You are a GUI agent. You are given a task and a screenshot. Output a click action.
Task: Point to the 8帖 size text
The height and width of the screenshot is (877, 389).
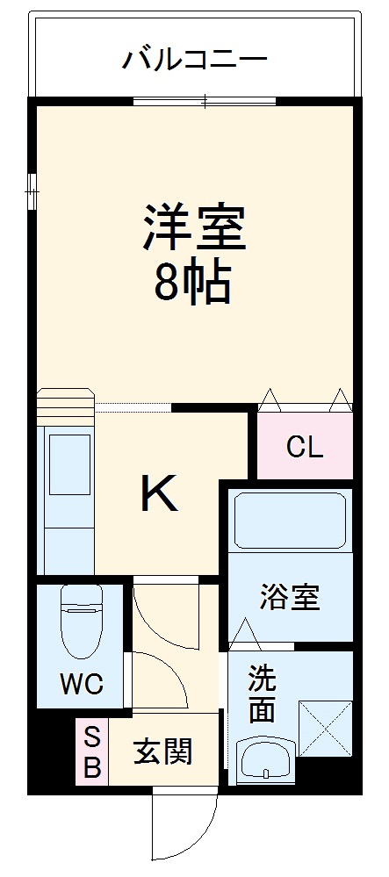coord(194,282)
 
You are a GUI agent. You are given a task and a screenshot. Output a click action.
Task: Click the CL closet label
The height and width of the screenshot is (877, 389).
coord(305,447)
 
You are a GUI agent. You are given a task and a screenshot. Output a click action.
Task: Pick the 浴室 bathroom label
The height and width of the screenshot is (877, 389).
coord(289,598)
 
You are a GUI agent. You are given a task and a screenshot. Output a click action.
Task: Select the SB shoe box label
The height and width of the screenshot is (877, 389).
coord(91,751)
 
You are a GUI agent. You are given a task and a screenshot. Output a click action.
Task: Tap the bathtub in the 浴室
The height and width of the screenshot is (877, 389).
coord(291,521)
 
